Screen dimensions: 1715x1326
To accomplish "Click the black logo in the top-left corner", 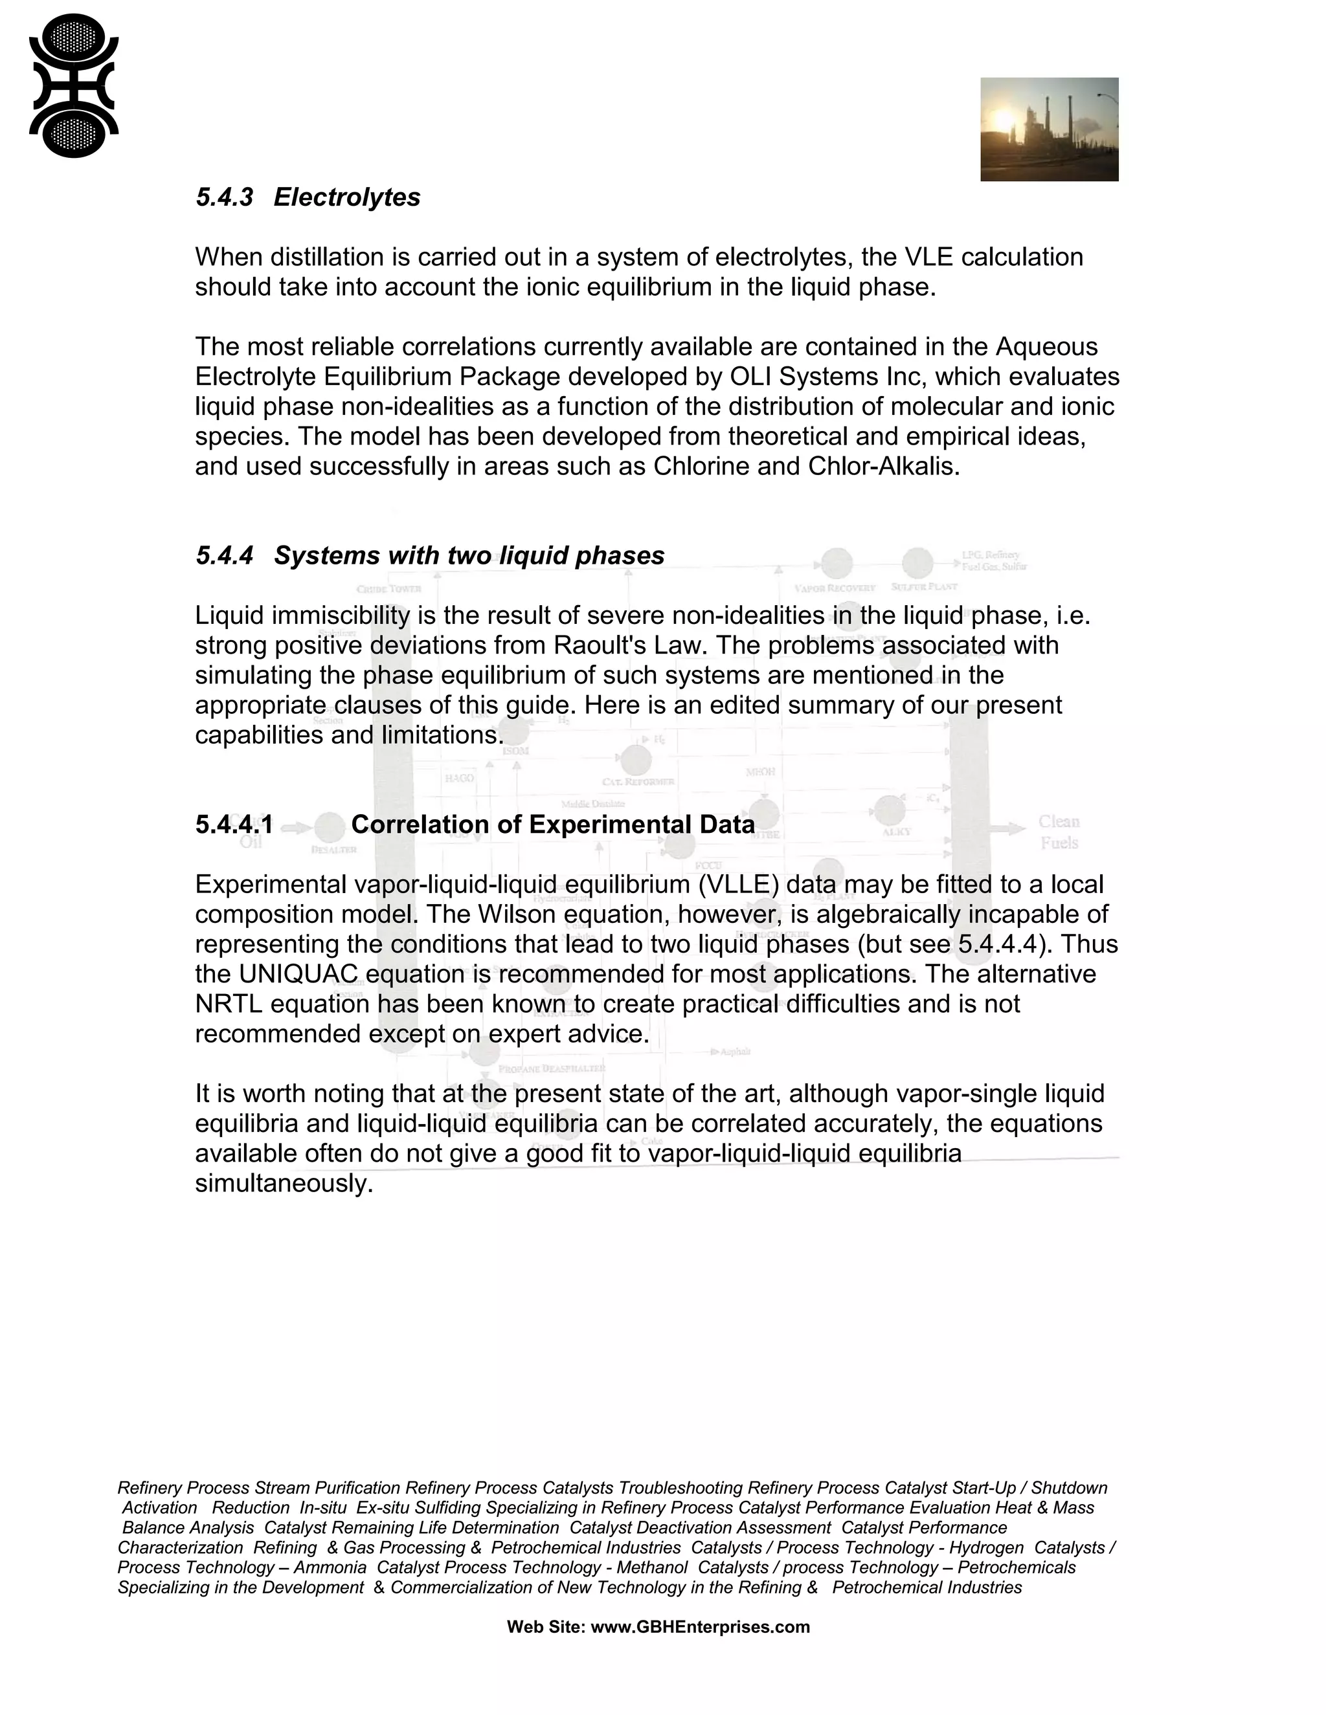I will point(74,85).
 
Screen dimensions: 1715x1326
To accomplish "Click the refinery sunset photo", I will point(1049,129).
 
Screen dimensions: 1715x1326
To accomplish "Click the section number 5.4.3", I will point(225,197).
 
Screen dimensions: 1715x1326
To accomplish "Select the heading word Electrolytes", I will point(346,197).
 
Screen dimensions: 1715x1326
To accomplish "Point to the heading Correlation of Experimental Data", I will point(552,824).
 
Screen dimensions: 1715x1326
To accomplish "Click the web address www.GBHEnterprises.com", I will point(699,1627).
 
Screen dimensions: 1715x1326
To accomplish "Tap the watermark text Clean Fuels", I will point(1059,832).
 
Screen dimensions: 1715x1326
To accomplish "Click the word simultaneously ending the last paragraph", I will point(284,1184).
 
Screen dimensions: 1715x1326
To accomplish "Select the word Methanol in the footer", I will point(652,1567).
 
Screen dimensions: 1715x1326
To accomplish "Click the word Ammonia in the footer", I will point(330,1567).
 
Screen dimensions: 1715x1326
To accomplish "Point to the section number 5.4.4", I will point(225,556).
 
